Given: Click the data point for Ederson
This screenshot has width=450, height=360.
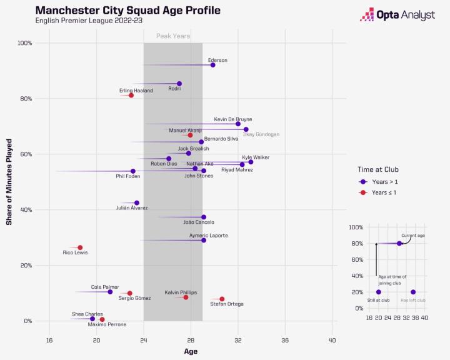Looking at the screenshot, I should point(213,65).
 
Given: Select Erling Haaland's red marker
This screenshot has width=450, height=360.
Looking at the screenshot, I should point(131,95).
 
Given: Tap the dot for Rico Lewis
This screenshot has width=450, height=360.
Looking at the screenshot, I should point(80,248).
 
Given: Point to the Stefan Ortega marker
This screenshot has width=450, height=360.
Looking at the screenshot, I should point(222,299).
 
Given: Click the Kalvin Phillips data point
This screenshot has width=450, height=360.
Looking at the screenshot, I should point(186,297).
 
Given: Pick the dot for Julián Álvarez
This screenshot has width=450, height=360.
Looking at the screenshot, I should point(137,203).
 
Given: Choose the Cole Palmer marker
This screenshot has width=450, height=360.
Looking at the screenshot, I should point(110,292).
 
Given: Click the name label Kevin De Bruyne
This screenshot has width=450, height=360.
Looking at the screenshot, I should point(233,119).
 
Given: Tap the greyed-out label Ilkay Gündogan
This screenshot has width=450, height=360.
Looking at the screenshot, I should point(261,134).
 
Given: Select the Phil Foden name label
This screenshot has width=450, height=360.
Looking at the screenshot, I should point(127,177).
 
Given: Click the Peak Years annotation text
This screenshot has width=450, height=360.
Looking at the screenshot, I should point(173,36).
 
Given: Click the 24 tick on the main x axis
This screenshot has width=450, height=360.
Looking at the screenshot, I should point(144,340).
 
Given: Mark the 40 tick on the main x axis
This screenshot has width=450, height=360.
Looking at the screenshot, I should point(332,340).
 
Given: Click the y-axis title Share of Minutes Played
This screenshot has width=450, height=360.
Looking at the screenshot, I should point(9,181).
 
